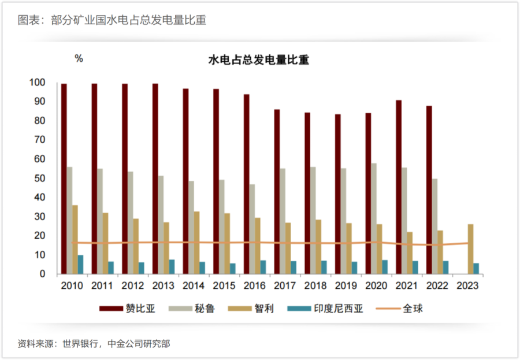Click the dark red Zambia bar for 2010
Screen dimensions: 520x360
coord(64,179)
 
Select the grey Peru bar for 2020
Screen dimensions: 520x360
coord(374,218)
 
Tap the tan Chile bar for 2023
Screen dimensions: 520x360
coord(470,249)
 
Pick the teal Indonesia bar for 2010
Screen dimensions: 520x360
coord(80,265)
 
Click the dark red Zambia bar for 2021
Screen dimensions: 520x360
coord(399,187)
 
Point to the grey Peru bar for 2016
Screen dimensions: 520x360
coord(252,229)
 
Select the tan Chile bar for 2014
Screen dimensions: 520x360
coord(196,243)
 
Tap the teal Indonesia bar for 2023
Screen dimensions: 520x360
coord(476,269)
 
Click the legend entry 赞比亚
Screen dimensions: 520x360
coord(127,309)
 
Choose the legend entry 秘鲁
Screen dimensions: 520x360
coord(192,309)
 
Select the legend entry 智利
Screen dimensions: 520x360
coord(251,309)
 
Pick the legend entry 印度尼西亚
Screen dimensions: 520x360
coord(325,309)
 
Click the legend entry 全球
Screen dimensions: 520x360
coord(400,309)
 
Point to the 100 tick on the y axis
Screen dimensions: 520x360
coord(37,82)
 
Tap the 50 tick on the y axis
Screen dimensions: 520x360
coord(39,178)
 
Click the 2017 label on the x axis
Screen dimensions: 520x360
coord(285,285)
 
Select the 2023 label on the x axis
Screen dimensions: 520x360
coord(467,285)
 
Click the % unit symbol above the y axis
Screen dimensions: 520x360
coord(79,59)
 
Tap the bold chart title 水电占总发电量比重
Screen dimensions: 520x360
coord(259,60)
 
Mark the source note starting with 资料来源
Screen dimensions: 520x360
coord(94,344)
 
